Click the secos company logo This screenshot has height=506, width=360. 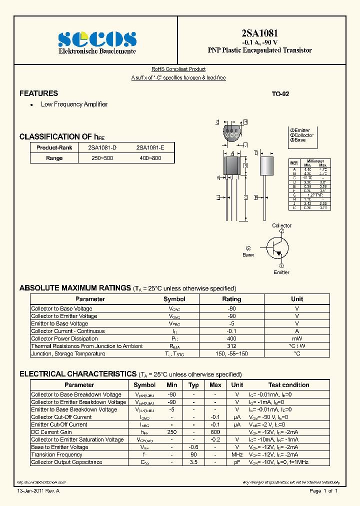coord(97,39)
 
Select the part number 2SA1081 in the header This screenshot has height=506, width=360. coord(259,33)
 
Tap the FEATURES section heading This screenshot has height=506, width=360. coord(38,93)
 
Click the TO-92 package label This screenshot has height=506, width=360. coord(280,94)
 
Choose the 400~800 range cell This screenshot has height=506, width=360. coord(150,158)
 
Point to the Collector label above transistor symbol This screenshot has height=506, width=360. coord(281,225)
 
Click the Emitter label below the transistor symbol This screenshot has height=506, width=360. coord(281,272)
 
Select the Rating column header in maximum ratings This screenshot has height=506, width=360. coord(231,299)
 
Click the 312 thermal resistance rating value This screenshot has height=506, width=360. coord(231,346)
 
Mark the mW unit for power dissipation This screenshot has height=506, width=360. coord(297,338)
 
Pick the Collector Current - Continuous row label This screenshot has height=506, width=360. coord(68,331)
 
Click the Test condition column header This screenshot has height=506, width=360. coord(288,385)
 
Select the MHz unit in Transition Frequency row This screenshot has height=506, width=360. coord(237,454)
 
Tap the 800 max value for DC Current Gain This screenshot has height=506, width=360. coord(215,432)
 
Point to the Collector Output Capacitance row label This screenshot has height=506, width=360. coord(66,462)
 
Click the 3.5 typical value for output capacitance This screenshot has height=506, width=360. coord(193,462)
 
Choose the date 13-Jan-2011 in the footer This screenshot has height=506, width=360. coord(31,491)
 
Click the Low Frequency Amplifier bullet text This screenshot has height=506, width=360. coord(74,104)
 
